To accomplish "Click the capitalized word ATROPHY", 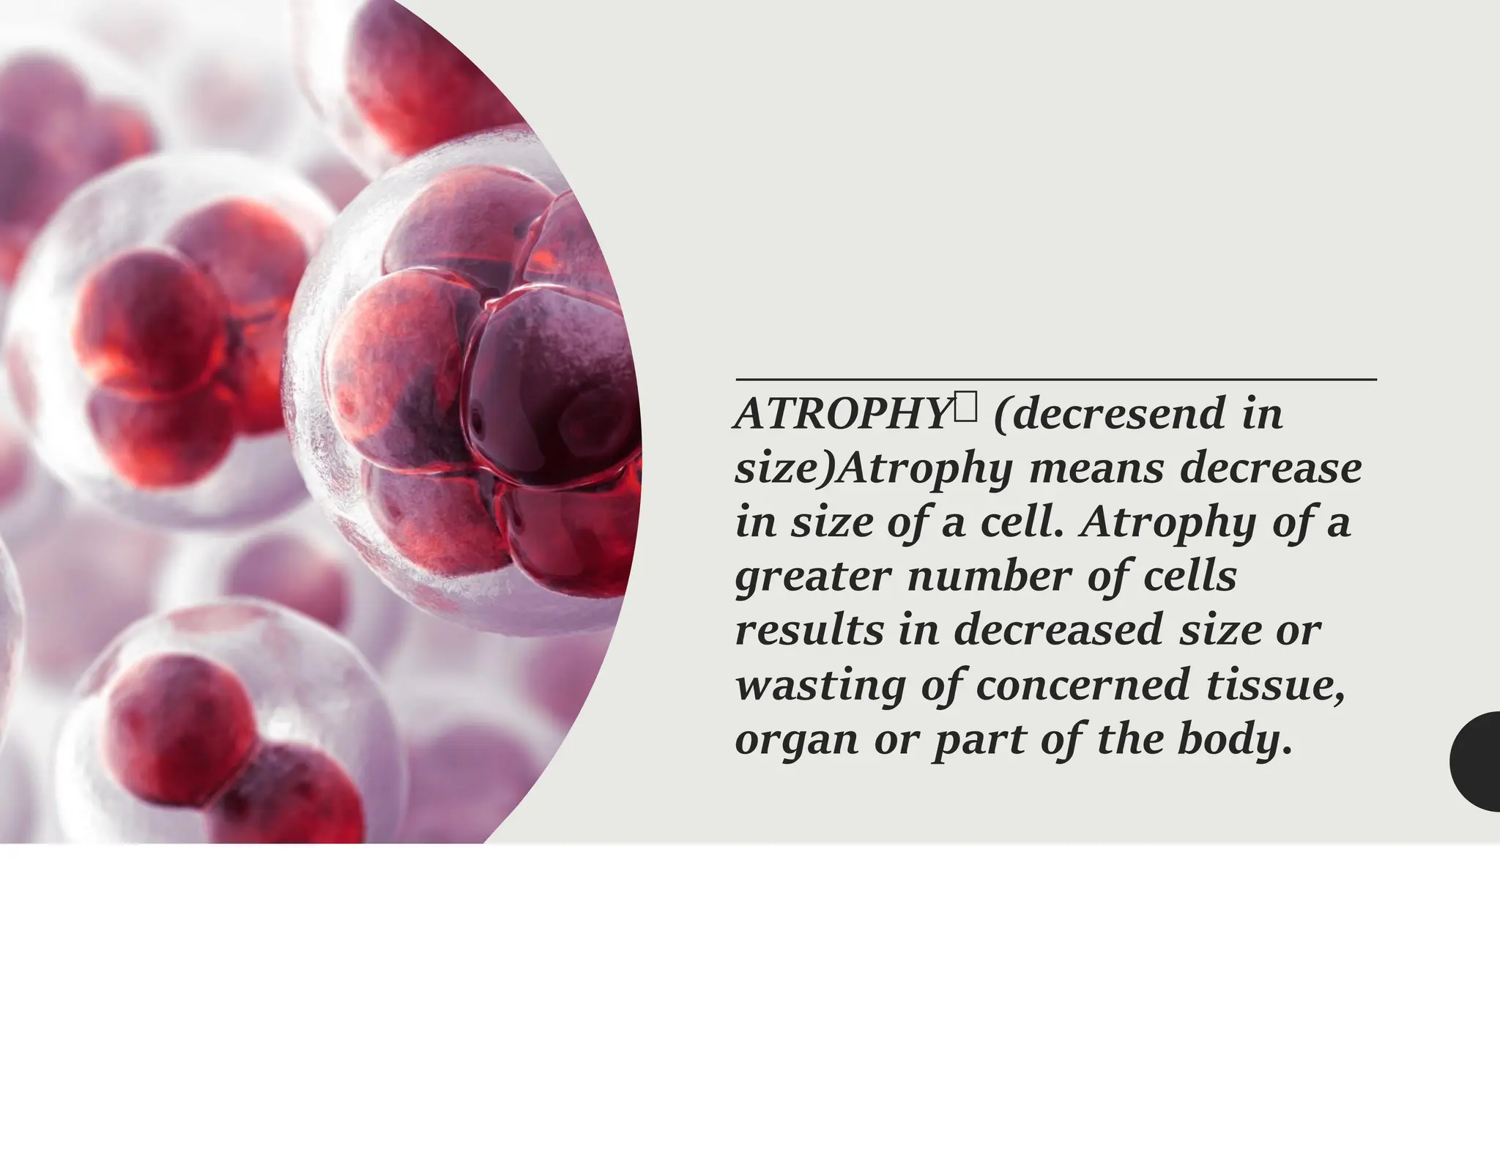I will (842, 415).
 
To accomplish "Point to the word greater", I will (813, 577).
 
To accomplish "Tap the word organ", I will (797, 741).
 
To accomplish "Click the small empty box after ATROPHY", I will (965, 407).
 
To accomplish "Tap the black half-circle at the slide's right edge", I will (1478, 760).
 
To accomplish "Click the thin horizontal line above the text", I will (1055, 379).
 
